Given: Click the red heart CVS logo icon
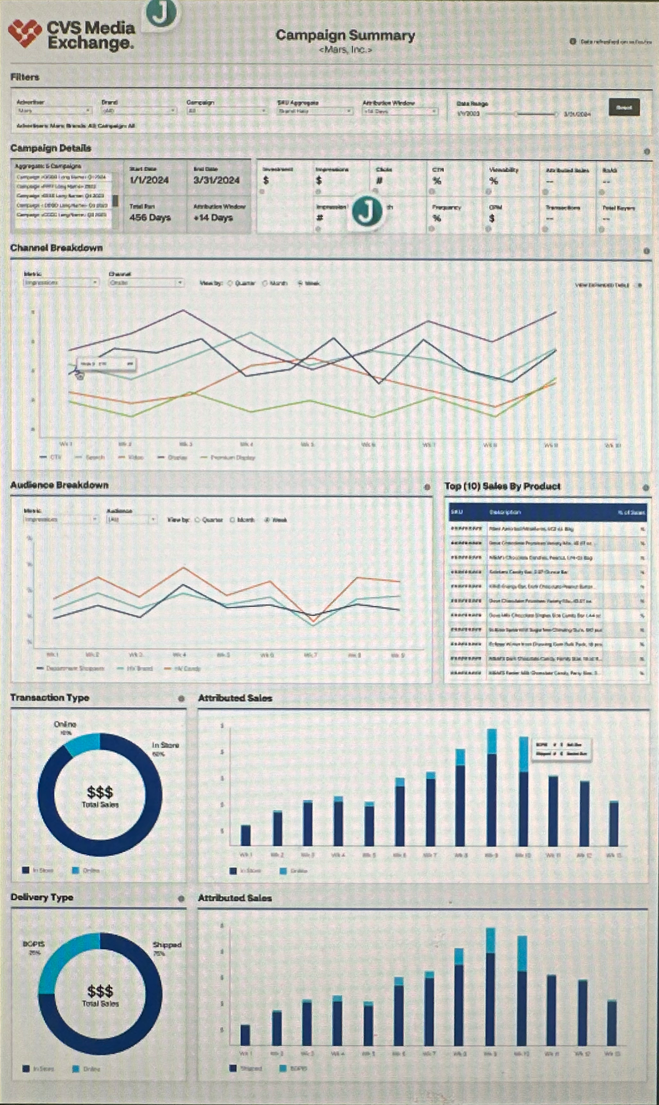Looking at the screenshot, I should [25, 34].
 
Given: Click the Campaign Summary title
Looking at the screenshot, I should [345, 35].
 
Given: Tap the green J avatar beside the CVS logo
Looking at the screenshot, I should [161, 13].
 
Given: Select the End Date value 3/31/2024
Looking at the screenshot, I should [216, 180].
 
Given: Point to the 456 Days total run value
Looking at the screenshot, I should [150, 218].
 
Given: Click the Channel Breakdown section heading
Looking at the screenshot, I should [56, 248].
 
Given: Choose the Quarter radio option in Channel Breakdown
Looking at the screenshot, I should [230, 283].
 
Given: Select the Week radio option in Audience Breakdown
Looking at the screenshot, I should [267, 520].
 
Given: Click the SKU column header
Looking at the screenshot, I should [456, 512].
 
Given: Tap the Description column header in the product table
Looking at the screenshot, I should [505, 512].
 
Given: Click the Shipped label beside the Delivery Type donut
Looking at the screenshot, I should [166, 945].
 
